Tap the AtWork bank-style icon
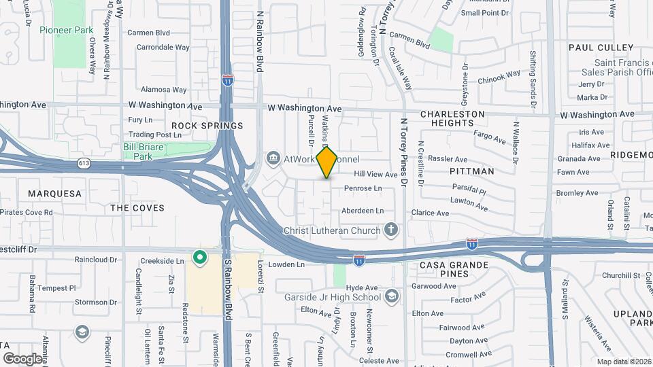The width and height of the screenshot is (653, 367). (x=273, y=158)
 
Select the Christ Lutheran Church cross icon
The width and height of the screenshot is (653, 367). (x=391, y=230)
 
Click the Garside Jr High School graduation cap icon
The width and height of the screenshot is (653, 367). (x=392, y=296)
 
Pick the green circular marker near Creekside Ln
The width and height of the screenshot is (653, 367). (x=199, y=257)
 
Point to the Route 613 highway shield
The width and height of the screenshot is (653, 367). (x=84, y=163)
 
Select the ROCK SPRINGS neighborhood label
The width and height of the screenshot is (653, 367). (x=207, y=126)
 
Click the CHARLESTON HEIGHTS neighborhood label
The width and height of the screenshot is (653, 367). (x=452, y=118)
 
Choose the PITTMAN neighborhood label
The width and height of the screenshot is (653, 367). (x=471, y=171)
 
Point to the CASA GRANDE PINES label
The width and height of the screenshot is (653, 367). (x=454, y=268)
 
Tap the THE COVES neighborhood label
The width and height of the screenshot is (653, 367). (x=137, y=207)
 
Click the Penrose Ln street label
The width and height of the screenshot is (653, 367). (x=363, y=188)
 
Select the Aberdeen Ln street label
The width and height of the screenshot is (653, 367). (x=363, y=211)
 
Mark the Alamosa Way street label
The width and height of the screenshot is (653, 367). (x=163, y=90)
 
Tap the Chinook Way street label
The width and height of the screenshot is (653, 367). (x=499, y=77)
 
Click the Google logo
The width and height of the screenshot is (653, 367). (x=22, y=358)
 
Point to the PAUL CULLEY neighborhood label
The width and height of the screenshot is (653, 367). (x=601, y=48)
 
